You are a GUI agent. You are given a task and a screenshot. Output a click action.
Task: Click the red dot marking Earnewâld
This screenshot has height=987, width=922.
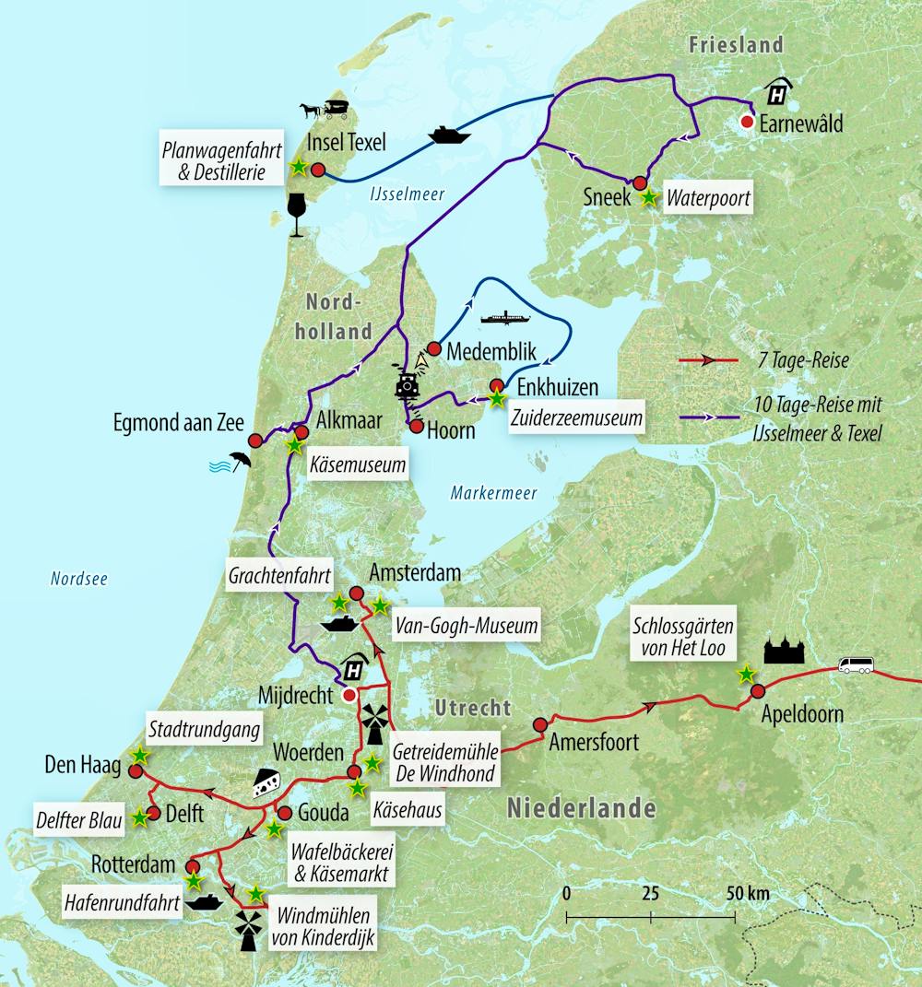[749, 122]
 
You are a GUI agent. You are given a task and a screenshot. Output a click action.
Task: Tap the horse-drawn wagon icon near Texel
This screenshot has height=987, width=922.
[324, 110]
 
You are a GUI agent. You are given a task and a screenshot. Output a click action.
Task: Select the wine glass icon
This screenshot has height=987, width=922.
[297, 215]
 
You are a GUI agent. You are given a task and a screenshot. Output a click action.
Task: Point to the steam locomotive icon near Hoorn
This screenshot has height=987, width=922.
[407, 384]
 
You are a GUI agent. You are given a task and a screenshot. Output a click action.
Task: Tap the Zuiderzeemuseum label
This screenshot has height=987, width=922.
[576, 417]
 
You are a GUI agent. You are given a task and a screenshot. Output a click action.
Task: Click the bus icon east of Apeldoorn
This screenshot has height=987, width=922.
[855, 665]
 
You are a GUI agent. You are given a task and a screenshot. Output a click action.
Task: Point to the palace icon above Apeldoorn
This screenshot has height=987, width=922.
[784, 651]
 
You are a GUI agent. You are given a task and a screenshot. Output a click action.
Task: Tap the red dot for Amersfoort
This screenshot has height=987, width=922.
[539, 723]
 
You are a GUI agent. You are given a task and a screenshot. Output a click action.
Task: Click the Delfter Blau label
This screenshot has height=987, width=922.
[79, 818]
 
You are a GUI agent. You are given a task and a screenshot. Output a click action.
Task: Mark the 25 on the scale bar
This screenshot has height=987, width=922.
[650, 894]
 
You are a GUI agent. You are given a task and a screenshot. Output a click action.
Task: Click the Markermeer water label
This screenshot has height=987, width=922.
[493, 494]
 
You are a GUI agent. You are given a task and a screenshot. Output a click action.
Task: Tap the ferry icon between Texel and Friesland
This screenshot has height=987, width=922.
[449, 135]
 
